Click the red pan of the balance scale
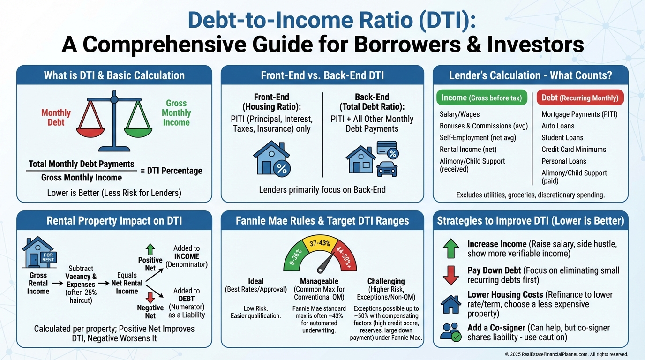[x=90, y=133]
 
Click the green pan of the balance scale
[x=138, y=133]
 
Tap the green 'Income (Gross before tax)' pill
[x=482, y=97]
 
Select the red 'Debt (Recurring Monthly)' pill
[x=580, y=97]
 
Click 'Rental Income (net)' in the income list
[x=468, y=150]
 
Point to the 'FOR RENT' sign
[x=48, y=257]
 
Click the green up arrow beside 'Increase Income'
[x=450, y=248]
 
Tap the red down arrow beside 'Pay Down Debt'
[x=450, y=275]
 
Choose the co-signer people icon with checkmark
[x=450, y=332]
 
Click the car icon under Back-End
[x=387, y=169]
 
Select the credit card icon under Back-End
[x=388, y=150]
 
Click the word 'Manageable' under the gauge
[x=319, y=281]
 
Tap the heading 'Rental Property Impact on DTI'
[x=114, y=221]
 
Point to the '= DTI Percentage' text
[x=172, y=171]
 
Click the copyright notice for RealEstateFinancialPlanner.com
[x=566, y=354]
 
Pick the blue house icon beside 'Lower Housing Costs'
[x=450, y=304]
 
